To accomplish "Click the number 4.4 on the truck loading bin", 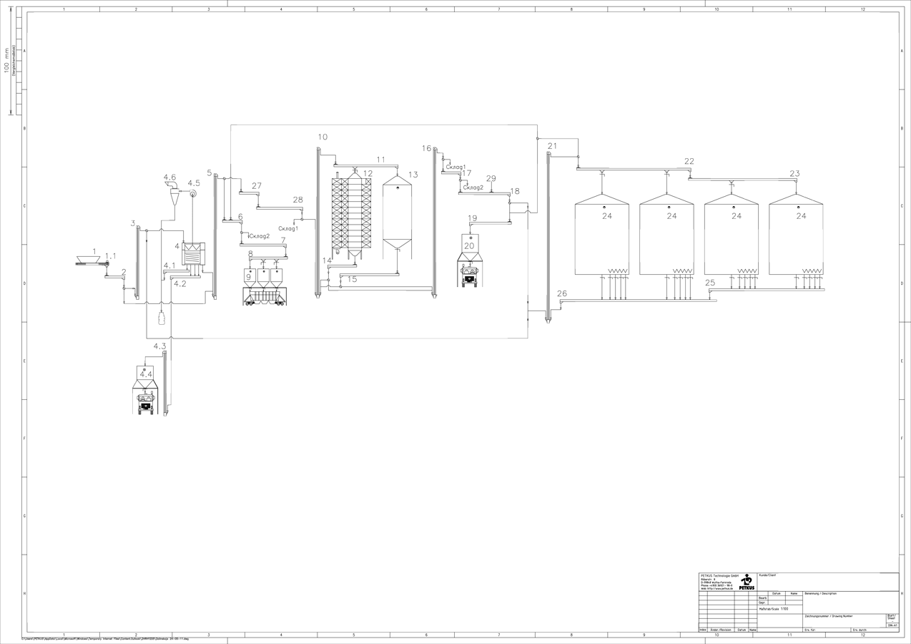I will point(146,374).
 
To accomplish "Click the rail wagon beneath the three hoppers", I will point(265,297).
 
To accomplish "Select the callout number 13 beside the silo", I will point(413,175).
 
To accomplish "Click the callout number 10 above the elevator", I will point(322,137).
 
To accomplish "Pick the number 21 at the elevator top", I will point(552,146).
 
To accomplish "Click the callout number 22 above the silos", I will point(689,161).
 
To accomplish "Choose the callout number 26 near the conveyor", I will point(562,293).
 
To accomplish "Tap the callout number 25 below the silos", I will point(709,283).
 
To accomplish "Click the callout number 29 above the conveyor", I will point(491,178).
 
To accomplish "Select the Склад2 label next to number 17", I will point(473,187).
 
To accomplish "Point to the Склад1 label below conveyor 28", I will point(288,228).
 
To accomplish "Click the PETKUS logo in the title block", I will point(747,582).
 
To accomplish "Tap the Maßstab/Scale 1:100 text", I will point(774,609).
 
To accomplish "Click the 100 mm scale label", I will point(8,61).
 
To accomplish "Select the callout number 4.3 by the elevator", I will point(159,346).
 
